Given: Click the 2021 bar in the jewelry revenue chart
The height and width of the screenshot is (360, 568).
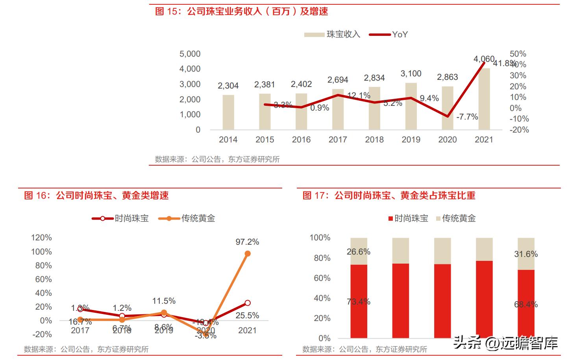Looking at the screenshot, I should [x=484, y=99].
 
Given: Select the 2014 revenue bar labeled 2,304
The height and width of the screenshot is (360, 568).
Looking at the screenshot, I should [x=228, y=113].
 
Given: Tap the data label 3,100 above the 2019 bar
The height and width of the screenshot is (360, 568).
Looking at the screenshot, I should [x=411, y=74].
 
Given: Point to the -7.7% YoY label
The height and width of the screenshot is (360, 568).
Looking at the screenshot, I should [x=467, y=117].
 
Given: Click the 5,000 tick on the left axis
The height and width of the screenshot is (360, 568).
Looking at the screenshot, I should [x=190, y=54].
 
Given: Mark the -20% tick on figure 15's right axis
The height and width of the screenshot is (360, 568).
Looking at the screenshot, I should [x=519, y=130].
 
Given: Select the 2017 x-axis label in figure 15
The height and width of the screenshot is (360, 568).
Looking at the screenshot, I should [x=338, y=140].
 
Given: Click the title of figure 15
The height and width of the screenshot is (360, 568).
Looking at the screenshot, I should [x=242, y=11].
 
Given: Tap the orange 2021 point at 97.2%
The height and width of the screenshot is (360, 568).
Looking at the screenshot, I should [x=248, y=254].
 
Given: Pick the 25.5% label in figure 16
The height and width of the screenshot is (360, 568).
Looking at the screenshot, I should [x=247, y=316].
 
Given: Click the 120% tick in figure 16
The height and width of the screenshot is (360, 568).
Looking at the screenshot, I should [x=41, y=238].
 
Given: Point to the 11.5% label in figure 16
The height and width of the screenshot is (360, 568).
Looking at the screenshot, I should [x=164, y=301].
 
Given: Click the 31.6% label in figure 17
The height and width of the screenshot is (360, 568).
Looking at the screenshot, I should [x=526, y=254].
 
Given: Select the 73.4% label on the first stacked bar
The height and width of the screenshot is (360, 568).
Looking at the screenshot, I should [x=359, y=302].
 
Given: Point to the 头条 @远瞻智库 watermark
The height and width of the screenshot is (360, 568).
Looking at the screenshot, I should [x=505, y=343].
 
